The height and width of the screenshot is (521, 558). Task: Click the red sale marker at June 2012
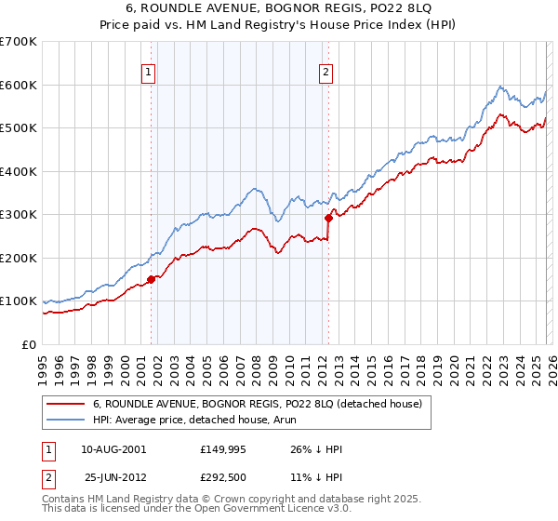click(328, 218)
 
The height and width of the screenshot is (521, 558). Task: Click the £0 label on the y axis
click(30, 345)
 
